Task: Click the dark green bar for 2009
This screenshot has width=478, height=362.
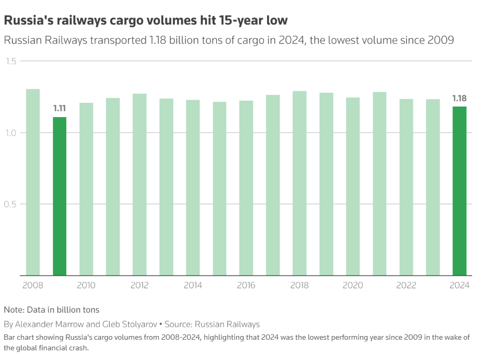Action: click(59, 196)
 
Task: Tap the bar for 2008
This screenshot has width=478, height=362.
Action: click(33, 182)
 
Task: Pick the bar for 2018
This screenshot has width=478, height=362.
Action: click(299, 183)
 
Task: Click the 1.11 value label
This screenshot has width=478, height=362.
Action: click(59, 109)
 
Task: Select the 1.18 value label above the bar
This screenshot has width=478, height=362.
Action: click(459, 98)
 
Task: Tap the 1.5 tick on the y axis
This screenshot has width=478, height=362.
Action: click(11, 61)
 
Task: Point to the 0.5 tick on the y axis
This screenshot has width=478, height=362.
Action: click(11, 204)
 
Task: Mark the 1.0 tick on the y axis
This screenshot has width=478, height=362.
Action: click(11, 133)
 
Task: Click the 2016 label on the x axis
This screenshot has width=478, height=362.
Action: click(246, 286)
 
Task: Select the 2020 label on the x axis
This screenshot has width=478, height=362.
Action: click(353, 286)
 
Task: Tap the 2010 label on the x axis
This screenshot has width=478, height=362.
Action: click(86, 286)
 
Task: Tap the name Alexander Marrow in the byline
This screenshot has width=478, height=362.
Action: click(46, 324)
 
